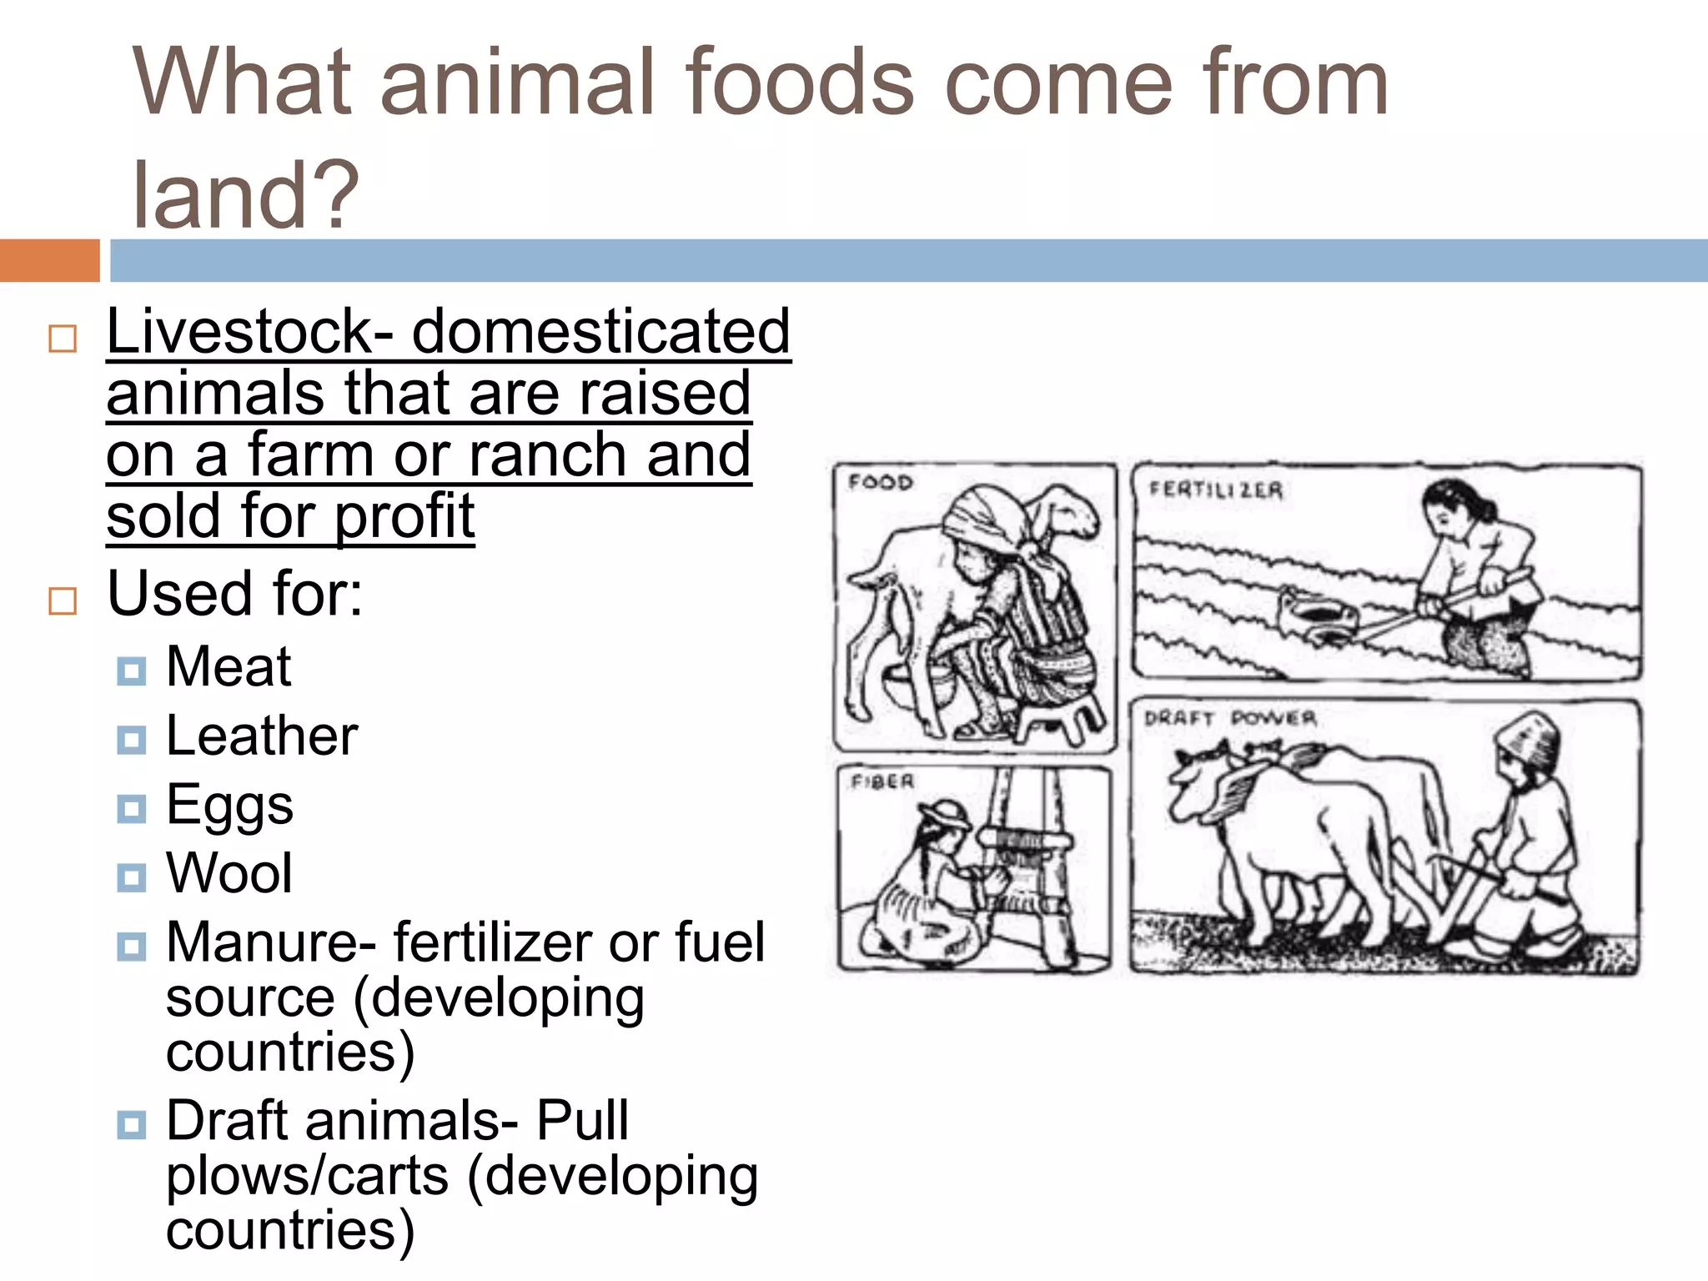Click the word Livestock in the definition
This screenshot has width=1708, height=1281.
(x=239, y=332)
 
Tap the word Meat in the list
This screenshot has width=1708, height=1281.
(x=229, y=667)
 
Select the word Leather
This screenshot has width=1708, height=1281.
(x=262, y=736)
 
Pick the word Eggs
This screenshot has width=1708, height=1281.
(x=229, y=806)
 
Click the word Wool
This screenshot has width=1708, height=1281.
(x=229, y=874)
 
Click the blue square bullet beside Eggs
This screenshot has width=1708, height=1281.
(x=132, y=808)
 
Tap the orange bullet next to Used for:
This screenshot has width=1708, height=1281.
(x=63, y=600)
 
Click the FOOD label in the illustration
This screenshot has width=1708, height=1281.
(x=881, y=483)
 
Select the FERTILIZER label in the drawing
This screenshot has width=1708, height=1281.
(x=1215, y=490)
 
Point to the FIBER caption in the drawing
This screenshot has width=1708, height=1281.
(x=882, y=782)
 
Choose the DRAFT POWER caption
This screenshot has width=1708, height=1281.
(x=1230, y=718)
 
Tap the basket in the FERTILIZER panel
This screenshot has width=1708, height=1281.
(x=1318, y=615)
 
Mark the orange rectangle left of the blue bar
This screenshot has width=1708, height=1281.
(x=49, y=260)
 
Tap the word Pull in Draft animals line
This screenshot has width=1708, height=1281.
(x=581, y=1121)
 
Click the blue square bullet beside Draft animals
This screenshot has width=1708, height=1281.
(x=132, y=1124)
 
